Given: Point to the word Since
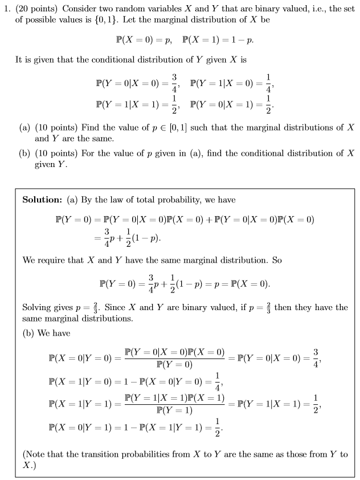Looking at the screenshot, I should coord(116,307).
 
